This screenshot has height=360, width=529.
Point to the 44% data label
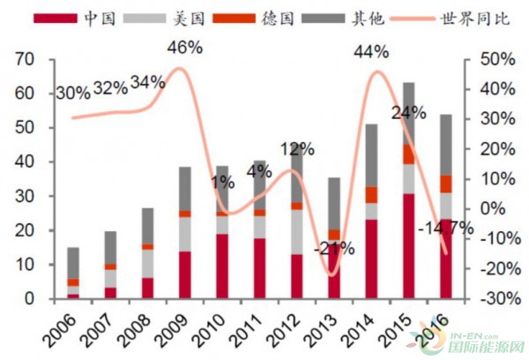370,52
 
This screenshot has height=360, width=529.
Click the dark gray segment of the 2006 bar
73,262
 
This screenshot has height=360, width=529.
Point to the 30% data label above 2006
72,93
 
